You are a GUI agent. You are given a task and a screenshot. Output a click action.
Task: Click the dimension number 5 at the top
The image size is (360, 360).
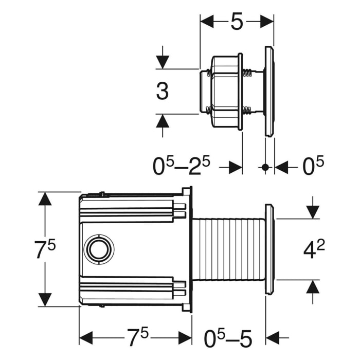(x=237, y=22)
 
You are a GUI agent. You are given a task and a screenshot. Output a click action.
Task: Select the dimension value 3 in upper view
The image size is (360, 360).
(x=163, y=92)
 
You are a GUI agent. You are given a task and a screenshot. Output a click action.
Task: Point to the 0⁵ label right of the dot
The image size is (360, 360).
(x=313, y=167)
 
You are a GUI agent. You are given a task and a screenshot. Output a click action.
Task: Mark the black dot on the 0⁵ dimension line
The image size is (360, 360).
(x=265, y=167)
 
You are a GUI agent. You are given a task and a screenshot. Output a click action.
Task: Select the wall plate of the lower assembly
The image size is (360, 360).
(x=269, y=249)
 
